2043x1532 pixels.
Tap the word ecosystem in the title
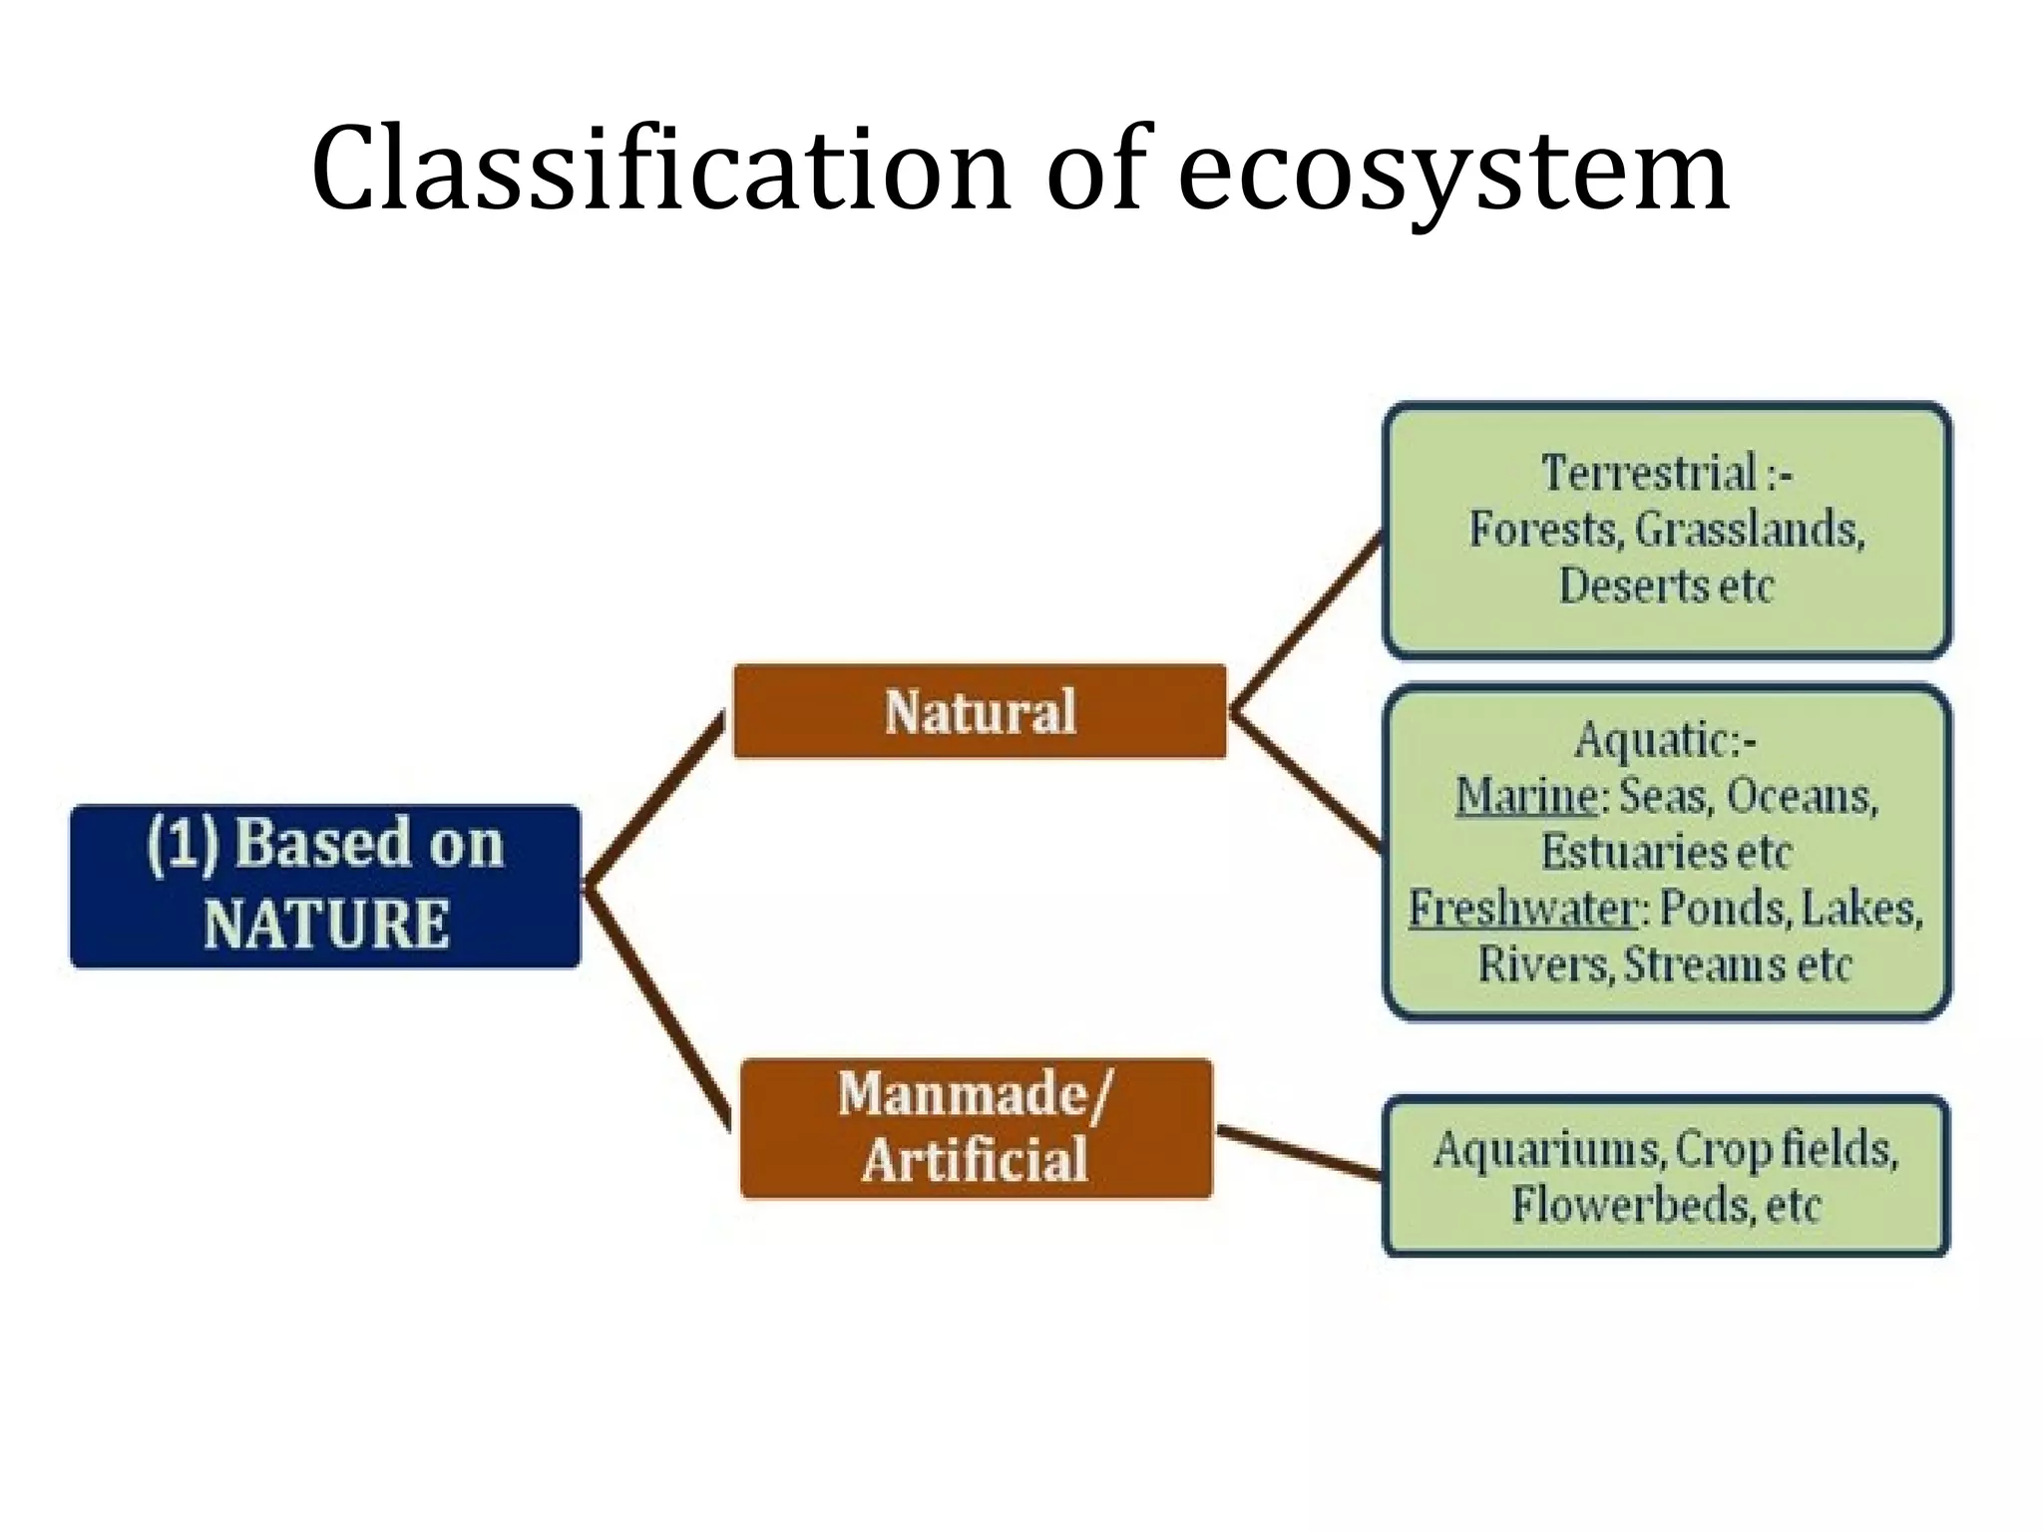[x=1453, y=172]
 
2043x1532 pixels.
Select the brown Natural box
[x=980, y=711]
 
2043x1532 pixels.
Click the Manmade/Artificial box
[x=976, y=1128]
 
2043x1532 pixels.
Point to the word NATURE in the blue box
[x=326, y=924]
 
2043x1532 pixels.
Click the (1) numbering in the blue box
[x=182, y=844]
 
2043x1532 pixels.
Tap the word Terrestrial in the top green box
[x=1649, y=473]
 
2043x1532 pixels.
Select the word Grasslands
[x=1749, y=530]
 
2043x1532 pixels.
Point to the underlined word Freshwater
[x=1522, y=909]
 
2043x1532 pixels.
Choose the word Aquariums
[x=1546, y=1149]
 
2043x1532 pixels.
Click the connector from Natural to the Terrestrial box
[x=1308, y=624]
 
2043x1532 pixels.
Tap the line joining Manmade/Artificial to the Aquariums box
[x=1298, y=1153]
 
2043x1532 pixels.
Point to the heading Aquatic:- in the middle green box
[x=1664, y=740]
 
